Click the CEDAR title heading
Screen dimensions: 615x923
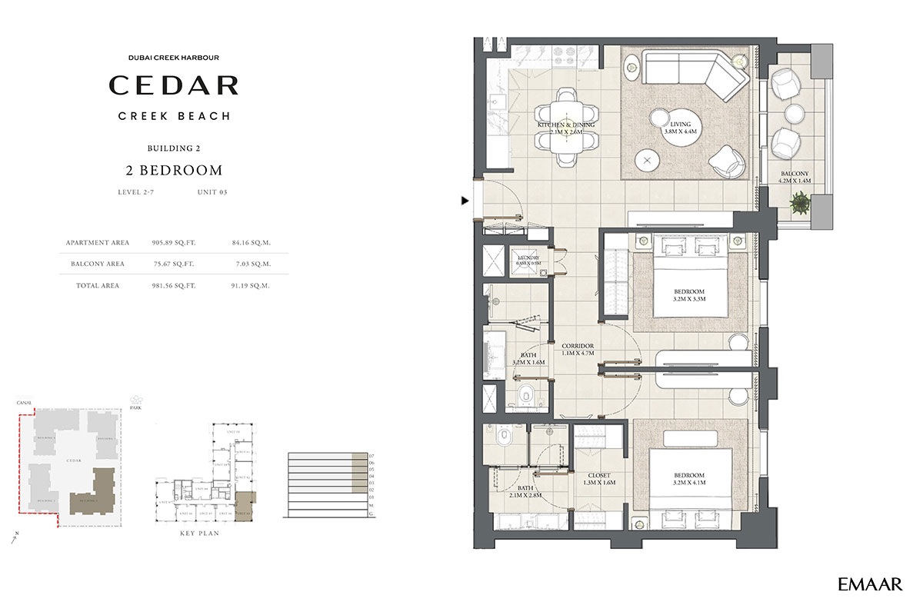(173, 85)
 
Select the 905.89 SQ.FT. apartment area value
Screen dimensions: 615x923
(174, 242)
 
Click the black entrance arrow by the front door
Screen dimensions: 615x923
(465, 201)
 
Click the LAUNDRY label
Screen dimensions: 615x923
(528, 259)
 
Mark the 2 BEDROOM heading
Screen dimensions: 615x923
(174, 170)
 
